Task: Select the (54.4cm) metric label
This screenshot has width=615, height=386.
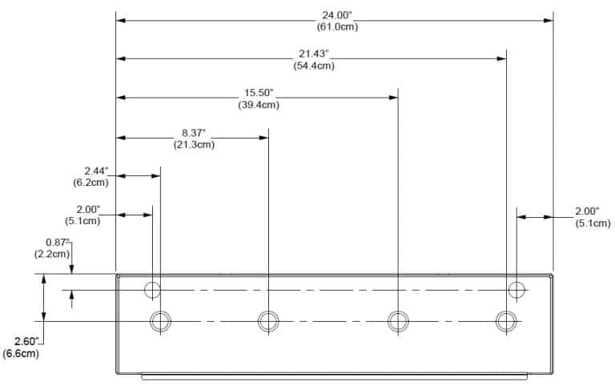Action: pyautogui.click(x=316, y=66)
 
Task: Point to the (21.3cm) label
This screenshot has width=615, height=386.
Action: pyautogui.click(x=194, y=144)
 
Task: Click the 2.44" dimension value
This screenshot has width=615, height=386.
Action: pyautogui.click(x=96, y=171)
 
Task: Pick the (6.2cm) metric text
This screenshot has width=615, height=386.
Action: pyautogui.click(x=90, y=182)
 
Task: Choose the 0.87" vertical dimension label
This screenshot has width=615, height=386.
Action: pyautogui.click(x=58, y=242)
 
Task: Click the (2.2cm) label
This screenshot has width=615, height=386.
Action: pyautogui.click(x=52, y=253)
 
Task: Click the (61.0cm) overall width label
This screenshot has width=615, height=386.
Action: pyautogui.click(x=336, y=27)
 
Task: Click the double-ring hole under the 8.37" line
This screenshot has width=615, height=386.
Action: pyautogui.click(x=268, y=321)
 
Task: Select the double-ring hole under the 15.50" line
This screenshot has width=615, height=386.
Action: pyautogui.click(x=398, y=321)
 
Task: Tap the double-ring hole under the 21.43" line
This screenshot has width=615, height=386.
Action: pyautogui.click(x=506, y=321)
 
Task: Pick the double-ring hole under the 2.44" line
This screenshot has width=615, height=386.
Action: pyautogui.click(x=160, y=321)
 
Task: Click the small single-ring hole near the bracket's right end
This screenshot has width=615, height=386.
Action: pyautogui.click(x=517, y=289)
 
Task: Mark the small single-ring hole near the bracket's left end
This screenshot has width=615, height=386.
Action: pyautogui.click(x=152, y=289)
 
